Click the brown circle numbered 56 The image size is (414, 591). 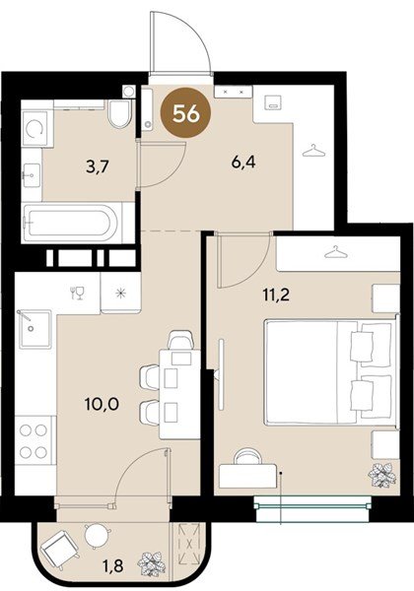[186, 113]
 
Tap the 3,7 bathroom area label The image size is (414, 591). [98, 166]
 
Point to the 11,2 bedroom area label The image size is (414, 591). [276, 295]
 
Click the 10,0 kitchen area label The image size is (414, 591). [102, 405]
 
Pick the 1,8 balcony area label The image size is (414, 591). [113, 565]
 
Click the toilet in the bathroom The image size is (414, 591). [120, 113]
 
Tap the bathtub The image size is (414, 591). [72, 223]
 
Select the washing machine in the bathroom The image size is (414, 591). [35, 128]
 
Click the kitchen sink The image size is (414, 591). [34, 329]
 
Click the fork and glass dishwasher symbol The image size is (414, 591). [77, 293]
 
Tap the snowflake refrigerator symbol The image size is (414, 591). [120, 293]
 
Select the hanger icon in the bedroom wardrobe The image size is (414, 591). [335, 252]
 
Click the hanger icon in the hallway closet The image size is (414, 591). [313, 151]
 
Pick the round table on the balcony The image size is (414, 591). [97, 535]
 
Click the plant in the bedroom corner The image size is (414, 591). [381, 476]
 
